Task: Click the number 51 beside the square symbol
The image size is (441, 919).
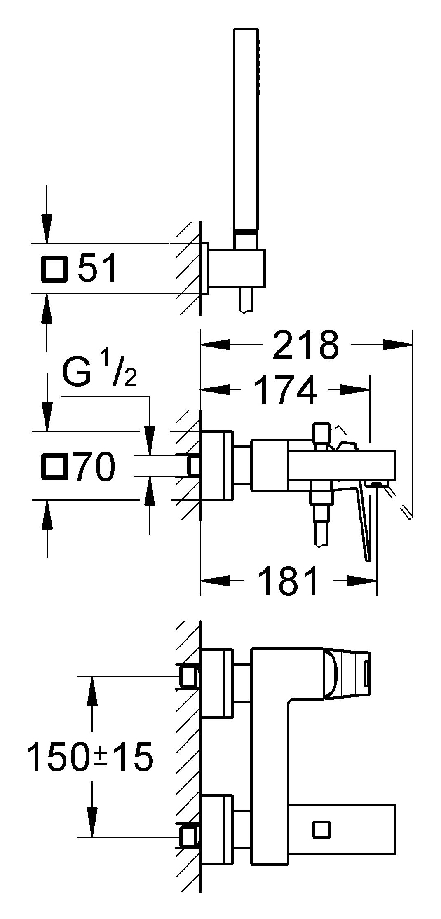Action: pyautogui.click(x=98, y=268)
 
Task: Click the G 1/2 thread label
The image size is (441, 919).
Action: pyautogui.click(x=99, y=371)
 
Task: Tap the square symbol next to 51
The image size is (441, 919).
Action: pyautogui.click(x=54, y=268)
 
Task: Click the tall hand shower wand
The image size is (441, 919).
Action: pyautogui.click(x=247, y=132)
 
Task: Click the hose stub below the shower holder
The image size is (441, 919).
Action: pyautogui.click(x=246, y=302)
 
